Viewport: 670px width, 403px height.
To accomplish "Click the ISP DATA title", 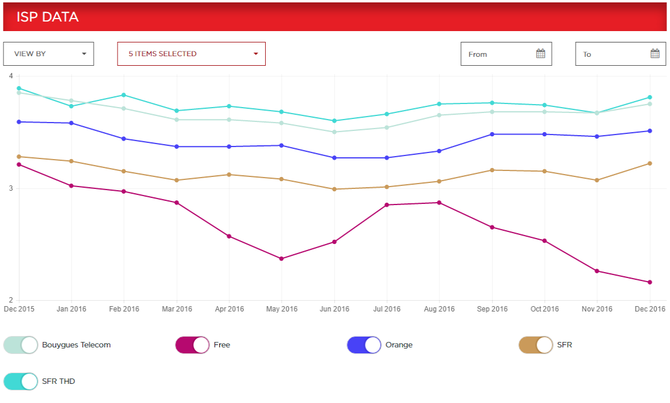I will pyautogui.click(x=48, y=17).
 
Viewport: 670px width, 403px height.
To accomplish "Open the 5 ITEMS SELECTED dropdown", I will pyautogui.click(x=191, y=54).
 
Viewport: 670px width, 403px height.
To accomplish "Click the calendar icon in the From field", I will pyautogui.click(x=540, y=54).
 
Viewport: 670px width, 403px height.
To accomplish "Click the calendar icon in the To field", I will pyautogui.click(x=654, y=54).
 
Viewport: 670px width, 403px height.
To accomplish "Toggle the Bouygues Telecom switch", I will pyautogui.click(x=21, y=345).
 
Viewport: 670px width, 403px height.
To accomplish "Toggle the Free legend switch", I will pyautogui.click(x=192, y=345).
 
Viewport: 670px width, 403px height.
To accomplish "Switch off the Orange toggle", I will pyautogui.click(x=364, y=345).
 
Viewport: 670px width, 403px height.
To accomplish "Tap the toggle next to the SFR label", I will pyautogui.click(x=536, y=345).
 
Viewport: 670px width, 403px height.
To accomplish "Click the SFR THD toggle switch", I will pyautogui.click(x=21, y=381).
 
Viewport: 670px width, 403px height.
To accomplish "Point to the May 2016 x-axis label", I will pyautogui.click(x=282, y=309).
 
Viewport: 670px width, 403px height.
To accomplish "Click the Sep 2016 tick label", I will pyautogui.click(x=492, y=309).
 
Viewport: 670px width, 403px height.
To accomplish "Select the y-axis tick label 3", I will pyautogui.click(x=10, y=188).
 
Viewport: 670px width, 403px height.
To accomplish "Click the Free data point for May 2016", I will pyautogui.click(x=282, y=259).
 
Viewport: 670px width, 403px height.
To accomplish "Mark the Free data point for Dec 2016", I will pyautogui.click(x=650, y=282).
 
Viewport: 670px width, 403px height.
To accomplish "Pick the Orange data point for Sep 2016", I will pyautogui.click(x=492, y=135).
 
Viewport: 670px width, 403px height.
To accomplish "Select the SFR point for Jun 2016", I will pyautogui.click(x=334, y=189).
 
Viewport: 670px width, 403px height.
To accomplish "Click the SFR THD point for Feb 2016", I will pyautogui.click(x=124, y=95).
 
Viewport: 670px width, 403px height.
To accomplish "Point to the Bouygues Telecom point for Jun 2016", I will pyautogui.click(x=334, y=132).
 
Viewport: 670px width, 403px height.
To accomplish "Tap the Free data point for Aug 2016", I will pyautogui.click(x=440, y=203).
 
